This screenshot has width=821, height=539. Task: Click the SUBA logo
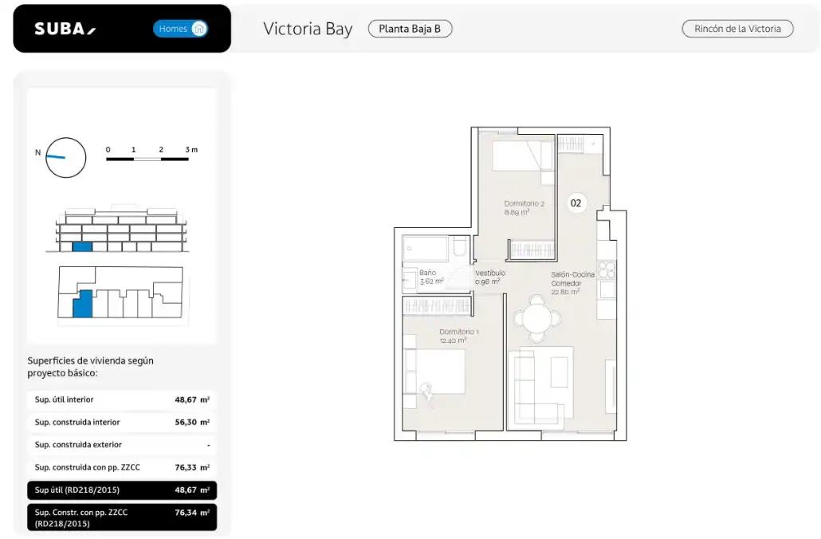[x=65, y=29]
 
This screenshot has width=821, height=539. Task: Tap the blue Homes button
[x=180, y=29]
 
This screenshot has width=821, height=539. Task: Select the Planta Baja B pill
[x=410, y=29]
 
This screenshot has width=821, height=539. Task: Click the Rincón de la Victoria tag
[x=737, y=29]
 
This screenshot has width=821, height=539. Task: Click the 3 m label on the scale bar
[x=191, y=150]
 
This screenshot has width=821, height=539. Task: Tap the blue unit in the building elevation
[x=82, y=246]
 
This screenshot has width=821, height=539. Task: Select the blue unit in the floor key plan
[x=83, y=304]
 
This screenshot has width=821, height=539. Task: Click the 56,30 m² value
[x=192, y=423]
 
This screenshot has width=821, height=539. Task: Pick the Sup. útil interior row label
[x=64, y=399]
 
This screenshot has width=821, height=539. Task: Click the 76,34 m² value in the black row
[x=192, y=513]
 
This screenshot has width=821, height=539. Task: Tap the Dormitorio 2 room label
[x=524, y=204]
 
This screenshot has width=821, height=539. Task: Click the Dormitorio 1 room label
[x=458, y=332]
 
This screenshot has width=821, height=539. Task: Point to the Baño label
[x=427, y=273]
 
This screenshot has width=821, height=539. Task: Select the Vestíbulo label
[x=490, y=273]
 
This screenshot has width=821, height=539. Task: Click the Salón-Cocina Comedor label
[x=572, y=278]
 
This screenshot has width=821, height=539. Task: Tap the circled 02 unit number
[x=576, y=203]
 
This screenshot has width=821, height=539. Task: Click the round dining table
[x=537, y=318]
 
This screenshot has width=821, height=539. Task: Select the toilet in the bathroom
[x=460, y=246]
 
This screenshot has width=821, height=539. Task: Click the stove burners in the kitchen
[x=607, y=269]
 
